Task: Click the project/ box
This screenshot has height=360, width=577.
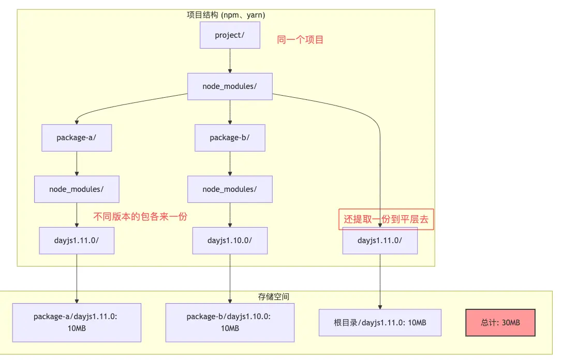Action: pyautogui.click(x=230, y=35)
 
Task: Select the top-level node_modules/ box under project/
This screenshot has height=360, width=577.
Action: pyautogui.click(x=230, y=86)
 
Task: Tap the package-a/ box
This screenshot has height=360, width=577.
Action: pyautogui.click(x=77, y=138)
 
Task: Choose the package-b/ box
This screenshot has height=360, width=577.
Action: pyautogui.click(x=230, y=138)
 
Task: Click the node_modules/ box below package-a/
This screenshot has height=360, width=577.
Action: pyautogui.click(x=77, y=189)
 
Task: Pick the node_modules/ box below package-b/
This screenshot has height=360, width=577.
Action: pyautogui.click(x=230, y=189)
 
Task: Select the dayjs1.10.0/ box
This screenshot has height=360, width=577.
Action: pyautogui.click(x=230, y=241)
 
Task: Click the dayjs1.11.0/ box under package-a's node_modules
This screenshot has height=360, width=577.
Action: pyautogui.click(x=77, y=241)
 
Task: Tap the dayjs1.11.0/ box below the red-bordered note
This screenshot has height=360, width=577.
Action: pyautogui.click(x=380, y=241)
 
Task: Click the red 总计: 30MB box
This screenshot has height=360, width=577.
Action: pyautogui.click(x=500, y=323)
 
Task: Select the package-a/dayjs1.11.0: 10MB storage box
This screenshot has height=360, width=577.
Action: pyautogui.click(x=77, y=322)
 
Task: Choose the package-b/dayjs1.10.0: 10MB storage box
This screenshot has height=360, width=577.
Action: pyautogui.click(x=230, y=322)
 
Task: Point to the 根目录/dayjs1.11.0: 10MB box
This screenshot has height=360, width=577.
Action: pyautogui.click(x=380, y=323)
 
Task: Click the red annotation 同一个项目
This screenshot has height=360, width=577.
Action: pyautogui.click(x=300, y=40)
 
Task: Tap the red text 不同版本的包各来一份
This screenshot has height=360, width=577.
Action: pyautogui.click(x=140, y=217)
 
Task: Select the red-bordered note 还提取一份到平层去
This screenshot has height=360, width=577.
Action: pyautogui.click(x=386, y=219)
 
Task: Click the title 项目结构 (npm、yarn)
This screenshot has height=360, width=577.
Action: pyautogui.click(x=226, y=15)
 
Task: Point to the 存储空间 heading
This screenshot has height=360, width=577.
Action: pyautogui.click(x=273, y=297)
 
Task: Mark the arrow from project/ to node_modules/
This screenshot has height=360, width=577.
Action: pyautogui.click(x=230, y=61)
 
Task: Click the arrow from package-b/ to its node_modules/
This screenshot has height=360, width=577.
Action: pyautogui.click(x=230, y=163)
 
